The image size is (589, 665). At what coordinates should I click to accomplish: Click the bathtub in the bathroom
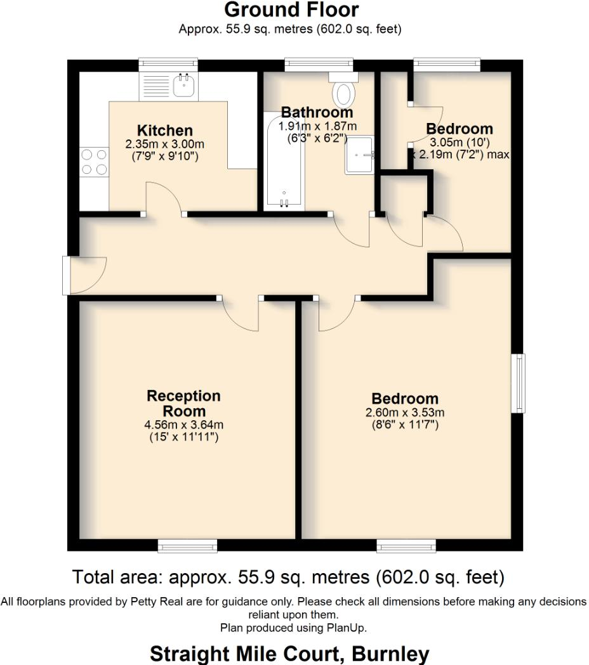[x=284, y=162]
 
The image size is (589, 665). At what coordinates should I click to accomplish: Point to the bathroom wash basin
[x=359, y=154]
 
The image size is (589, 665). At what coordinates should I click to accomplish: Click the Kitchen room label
[x=165, y=131]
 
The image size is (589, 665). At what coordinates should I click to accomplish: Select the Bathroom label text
[x=317, y=113]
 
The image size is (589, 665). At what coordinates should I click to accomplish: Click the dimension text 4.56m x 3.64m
[x=183, y=425]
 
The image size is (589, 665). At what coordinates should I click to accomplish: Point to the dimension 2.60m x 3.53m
[x=405, y=413]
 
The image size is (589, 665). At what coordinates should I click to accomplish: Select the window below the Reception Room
[x=187, y=545]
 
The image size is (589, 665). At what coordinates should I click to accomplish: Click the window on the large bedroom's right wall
[x=519, y=383]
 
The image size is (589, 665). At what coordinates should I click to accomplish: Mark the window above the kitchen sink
[x=169, y=65]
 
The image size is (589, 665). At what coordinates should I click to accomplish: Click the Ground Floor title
[x=291, y=10]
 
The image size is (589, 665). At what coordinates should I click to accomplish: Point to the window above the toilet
[x=319, y=64]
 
